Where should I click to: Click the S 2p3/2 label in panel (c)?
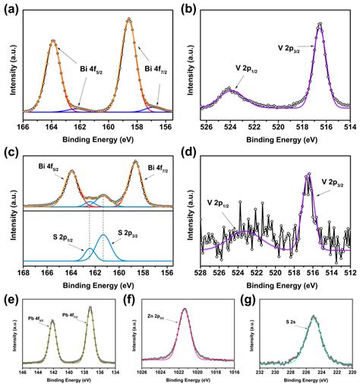click(129, 233)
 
